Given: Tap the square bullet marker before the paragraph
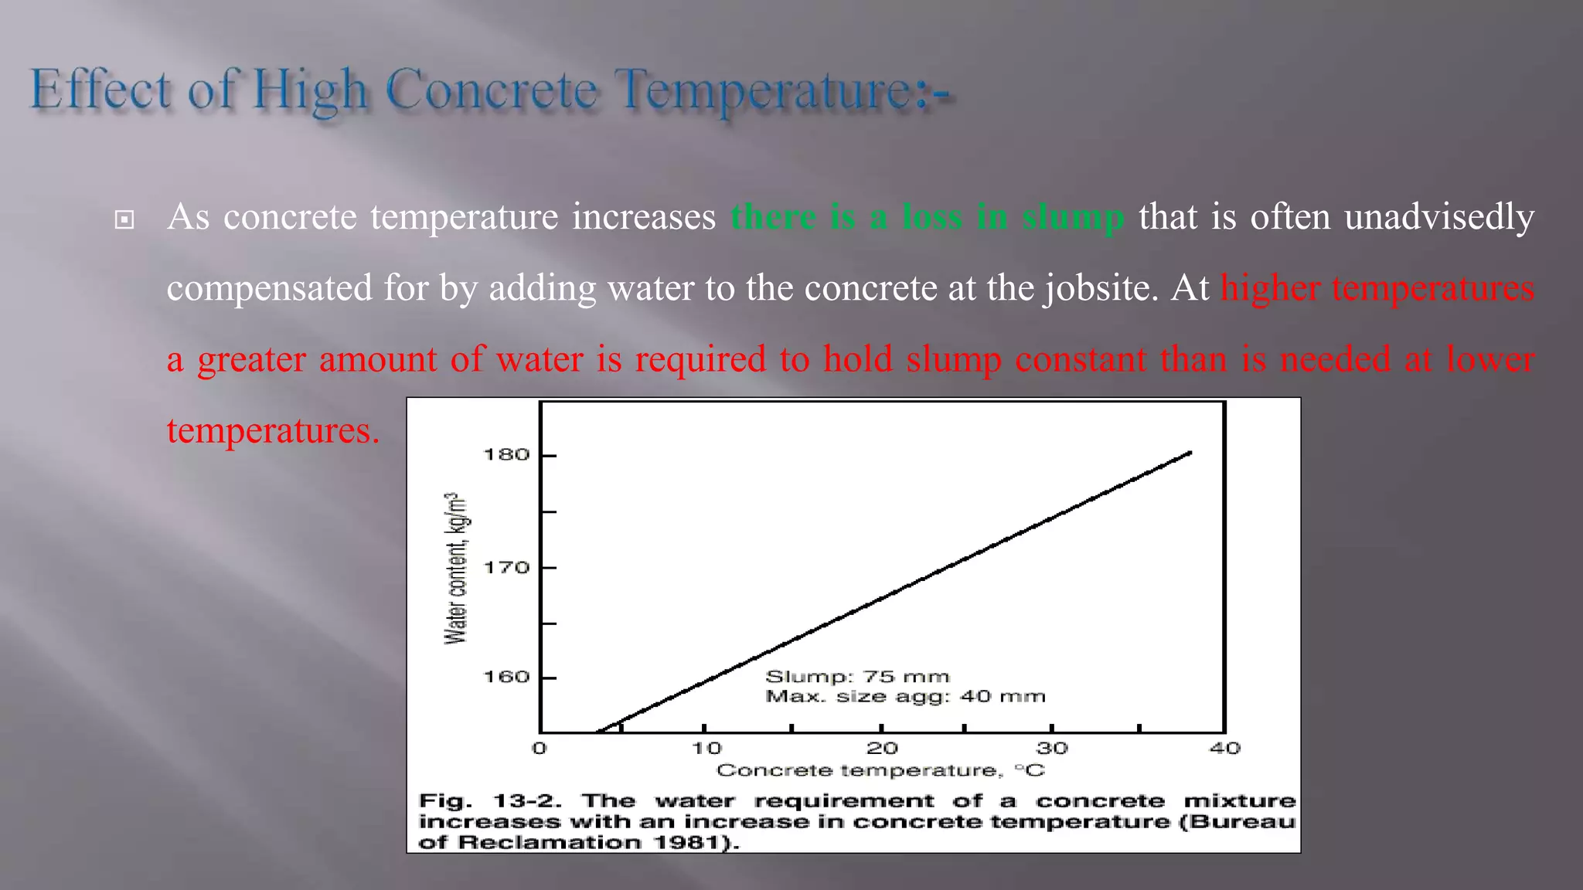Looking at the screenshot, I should (124, 220).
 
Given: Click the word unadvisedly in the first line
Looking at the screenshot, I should (1438, 217).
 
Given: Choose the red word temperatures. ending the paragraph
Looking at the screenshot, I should (273, 430).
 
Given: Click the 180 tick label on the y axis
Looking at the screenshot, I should (506, 455).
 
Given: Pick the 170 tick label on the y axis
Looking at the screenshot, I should (506, 568).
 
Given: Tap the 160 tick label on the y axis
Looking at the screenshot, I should (506, 678).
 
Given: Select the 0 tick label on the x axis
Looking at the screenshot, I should (540, 748).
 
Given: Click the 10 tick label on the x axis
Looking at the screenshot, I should (706, 748).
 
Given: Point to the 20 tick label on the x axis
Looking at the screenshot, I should (881, 748).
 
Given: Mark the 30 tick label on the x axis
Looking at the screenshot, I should (1051, 748).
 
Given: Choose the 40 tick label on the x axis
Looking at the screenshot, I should (1224, 748).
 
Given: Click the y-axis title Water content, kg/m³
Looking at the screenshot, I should (456, 568).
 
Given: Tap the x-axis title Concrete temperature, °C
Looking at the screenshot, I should (880, 770).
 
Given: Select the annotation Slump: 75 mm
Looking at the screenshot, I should (856, 677).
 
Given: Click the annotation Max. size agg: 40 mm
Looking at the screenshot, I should (905, 697).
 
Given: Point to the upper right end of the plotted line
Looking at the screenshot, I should (1190, 453).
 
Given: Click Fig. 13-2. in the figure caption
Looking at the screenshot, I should (489, 801).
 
